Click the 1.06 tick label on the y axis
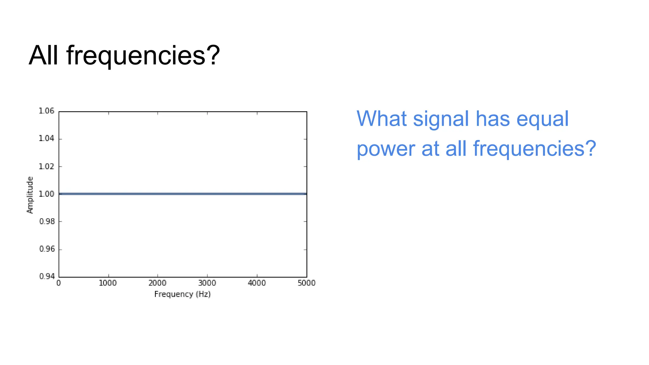[x=46, y=111]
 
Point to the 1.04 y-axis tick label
[x=46, y=138]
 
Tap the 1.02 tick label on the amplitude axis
[x=46, y=166]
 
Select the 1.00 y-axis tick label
[x=46, y=194]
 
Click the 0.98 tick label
[x=47, y=221]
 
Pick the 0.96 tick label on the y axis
[x=47, y=249]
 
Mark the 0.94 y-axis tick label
[x=47, y=276]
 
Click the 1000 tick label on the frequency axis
[x=108, y=283]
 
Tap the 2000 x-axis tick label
[x=157, y=283]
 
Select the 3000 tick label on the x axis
[x=207, y=283]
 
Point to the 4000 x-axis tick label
[x=257, y=283]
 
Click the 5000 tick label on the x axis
[x=306, y=283]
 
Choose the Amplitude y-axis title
[x=30, y=195]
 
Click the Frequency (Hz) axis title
[x=183, y=294]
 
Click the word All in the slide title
[x=43, y=55]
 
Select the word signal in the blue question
[x=441, y=120]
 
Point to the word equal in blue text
[x=543, y=120]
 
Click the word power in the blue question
[x=386, y=149]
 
